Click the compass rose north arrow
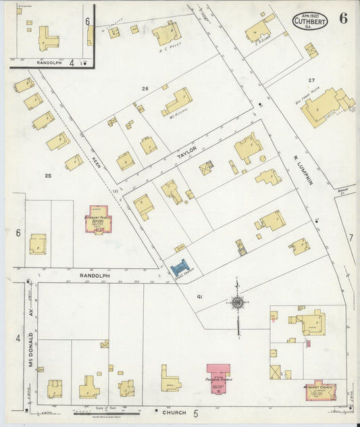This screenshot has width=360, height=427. (x=238, y=302)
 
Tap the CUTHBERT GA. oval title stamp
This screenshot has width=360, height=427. (x=310, y=22)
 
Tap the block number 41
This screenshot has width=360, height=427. (x=200, y=297)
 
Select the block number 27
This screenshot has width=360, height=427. (x=311, y=80)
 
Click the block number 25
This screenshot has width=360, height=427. (x=48, y=176)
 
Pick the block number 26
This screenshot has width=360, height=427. (x=145, y=89)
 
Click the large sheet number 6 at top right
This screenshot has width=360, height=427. (x=344, y=19)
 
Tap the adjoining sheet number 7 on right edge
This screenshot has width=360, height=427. (x=351, y=237)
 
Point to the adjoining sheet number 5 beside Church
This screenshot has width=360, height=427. (x=196, y=413)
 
